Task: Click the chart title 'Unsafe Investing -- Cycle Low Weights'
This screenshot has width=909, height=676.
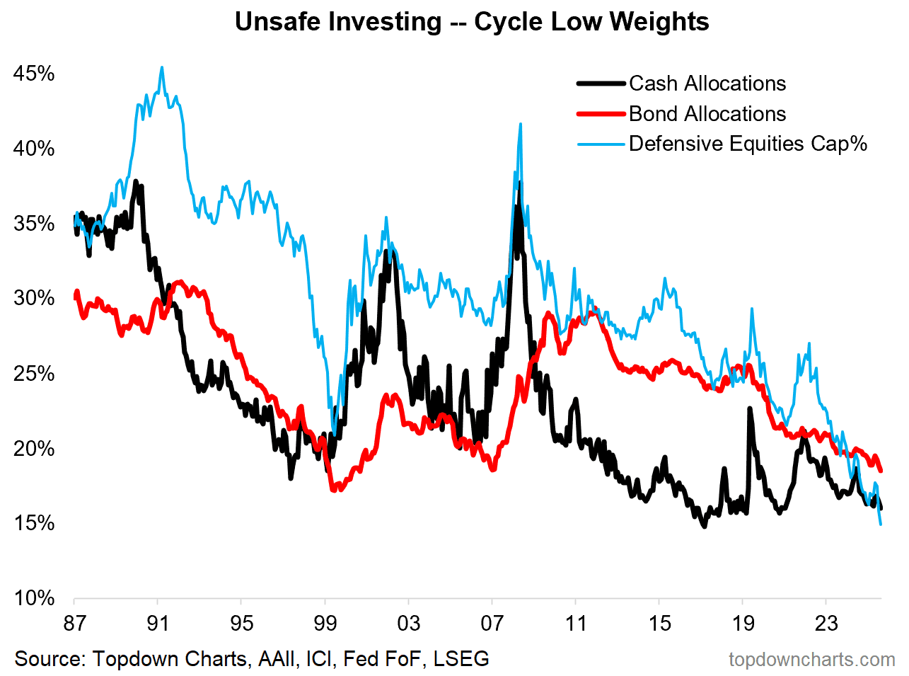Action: click(x=472, y=21)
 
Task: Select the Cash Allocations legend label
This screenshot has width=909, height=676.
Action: click(x=707, y=84)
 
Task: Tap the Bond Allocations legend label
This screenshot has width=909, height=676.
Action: click(x=707, y=114)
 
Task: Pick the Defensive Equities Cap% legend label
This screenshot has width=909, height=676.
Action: click(x=748, y=144)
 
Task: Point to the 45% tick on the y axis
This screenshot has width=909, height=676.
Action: click(x=34, y=74)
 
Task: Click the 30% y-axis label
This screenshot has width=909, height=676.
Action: click(x=34, y=298)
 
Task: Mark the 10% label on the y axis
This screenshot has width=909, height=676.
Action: click(x=34, y=598)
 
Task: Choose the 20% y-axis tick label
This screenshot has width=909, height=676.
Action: click(x=34, y=449)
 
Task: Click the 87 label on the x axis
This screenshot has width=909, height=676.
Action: click(x=74, y=624)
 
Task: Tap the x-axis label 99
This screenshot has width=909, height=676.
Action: click(x=325, y=624)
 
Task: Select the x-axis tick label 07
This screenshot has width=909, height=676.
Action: click(x=492, y=624)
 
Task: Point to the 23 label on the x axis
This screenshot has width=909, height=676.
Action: click(x=826, y=624)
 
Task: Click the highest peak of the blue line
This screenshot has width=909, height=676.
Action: click(x=162, y=67)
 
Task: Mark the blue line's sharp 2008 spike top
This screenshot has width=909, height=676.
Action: click(x=521, y=123)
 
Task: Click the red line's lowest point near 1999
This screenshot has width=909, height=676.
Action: click(x=334, y=490)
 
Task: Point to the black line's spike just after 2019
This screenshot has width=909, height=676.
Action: click(x=750, y=408)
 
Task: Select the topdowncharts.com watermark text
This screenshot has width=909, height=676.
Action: click(x=812, y=660)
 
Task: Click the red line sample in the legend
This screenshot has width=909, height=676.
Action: click(x=601, y=114)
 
